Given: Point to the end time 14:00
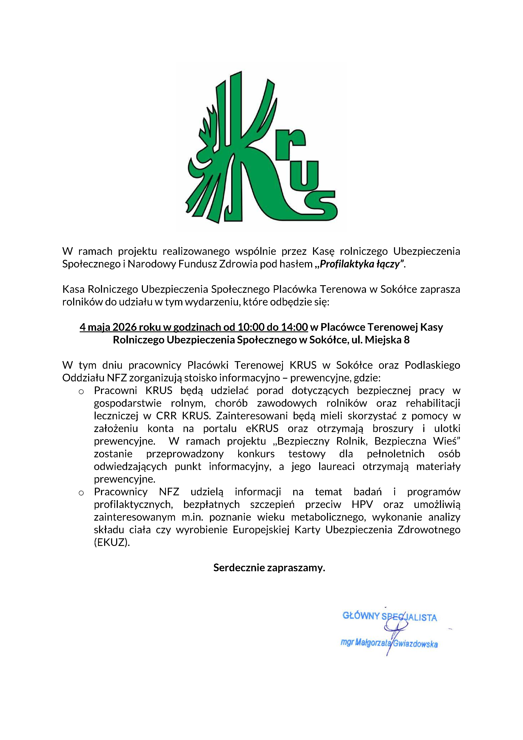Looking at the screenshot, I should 294,327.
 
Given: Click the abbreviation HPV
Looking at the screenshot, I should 362,504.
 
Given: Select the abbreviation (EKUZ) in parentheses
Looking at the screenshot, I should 112,542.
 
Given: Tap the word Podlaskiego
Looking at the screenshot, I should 432,365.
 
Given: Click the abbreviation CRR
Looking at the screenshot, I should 166,416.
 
